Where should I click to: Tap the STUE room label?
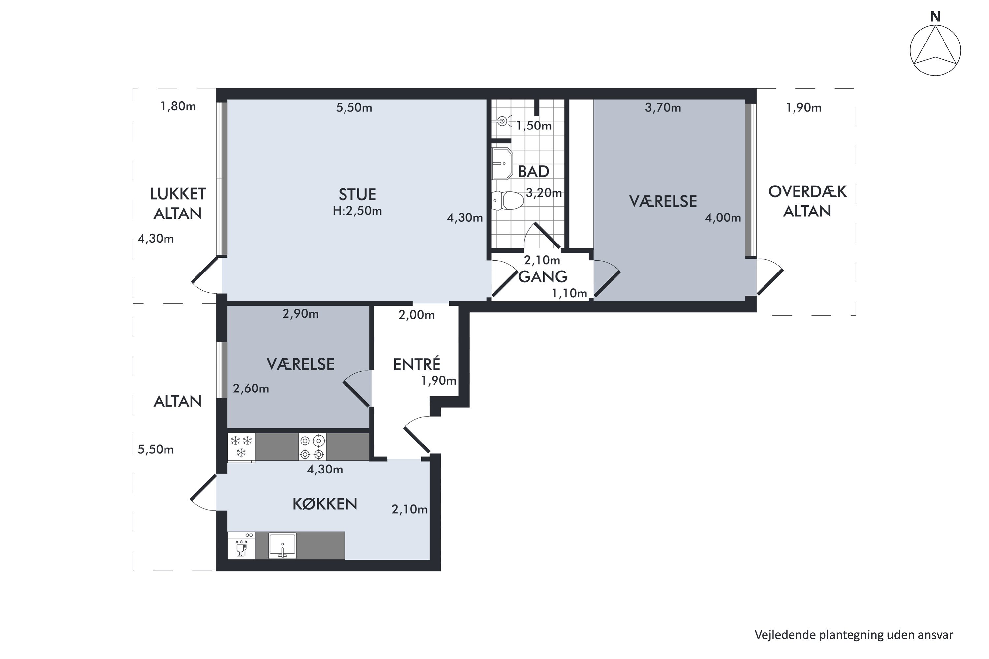(x=357, y=195)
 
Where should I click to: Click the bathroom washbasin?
(x=502, y=163)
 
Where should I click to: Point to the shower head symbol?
(x=503, y=121)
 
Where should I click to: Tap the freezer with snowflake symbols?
(x=241, y=447)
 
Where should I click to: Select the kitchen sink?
(x=282, y=546)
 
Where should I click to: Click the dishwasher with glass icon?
(x=241, y=546)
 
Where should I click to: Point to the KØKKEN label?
(x=325, y=504)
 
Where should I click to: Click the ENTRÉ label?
(x=416, y=364)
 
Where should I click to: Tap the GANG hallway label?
(x=543, y=276)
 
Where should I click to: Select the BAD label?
(x=533, y=171)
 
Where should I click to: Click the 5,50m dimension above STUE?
(x=354, y=108)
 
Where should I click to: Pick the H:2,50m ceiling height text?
(x=357, y=211)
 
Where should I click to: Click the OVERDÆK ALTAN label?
(x=807, y=201)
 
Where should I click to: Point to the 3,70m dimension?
(x=663, y=108)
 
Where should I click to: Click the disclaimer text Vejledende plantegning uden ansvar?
(x=854, y=635)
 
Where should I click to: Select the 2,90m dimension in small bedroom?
(x=301, y=314)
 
